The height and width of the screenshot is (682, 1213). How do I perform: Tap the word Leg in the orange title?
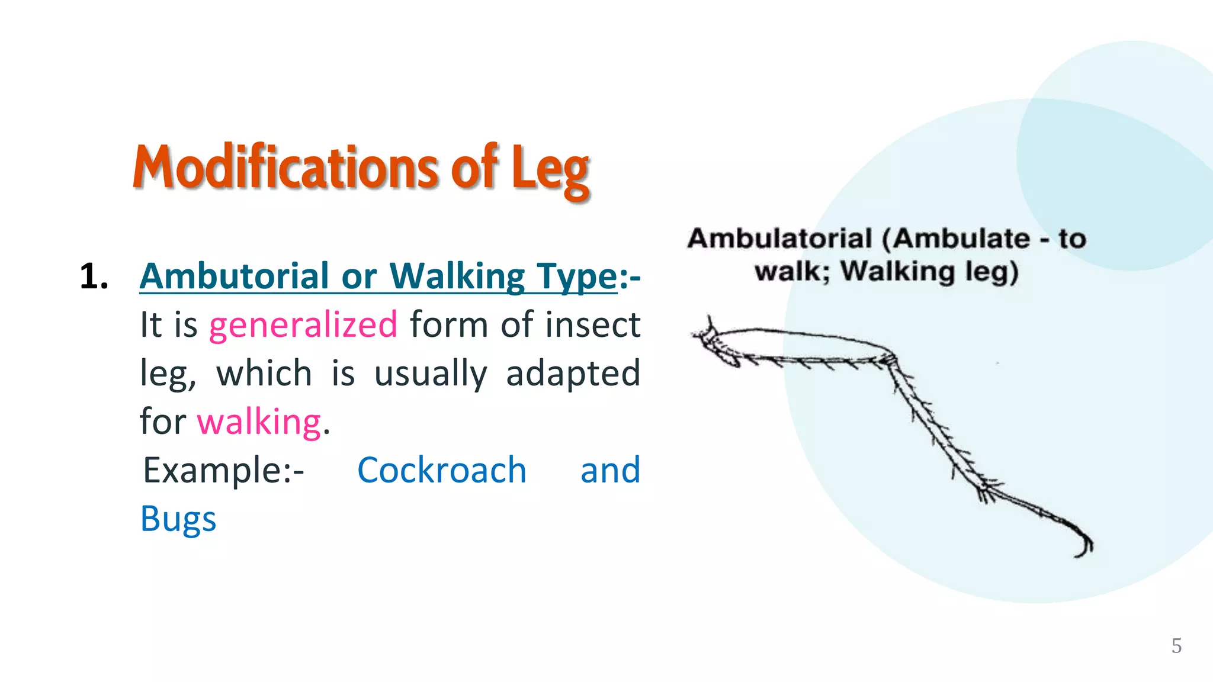(x=550, y=170)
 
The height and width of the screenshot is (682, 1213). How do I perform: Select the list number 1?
(x=94, y=276)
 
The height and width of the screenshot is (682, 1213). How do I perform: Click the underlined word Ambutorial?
(x=234, y=276)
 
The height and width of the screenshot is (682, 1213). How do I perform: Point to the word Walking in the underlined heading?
(x=457, y=276)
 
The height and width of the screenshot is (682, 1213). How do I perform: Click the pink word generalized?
(x=303, y=325)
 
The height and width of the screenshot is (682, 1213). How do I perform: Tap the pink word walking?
(x=259, y=422)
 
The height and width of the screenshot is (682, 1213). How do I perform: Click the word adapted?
(x=573, y=374)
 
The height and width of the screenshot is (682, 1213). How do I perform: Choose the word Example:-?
(x=223, y=471)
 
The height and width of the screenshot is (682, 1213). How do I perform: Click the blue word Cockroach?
(x=442, y=471)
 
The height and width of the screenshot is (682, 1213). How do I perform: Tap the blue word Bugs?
(x=178, y=519)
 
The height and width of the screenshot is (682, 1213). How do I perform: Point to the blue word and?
(x=610, y=471)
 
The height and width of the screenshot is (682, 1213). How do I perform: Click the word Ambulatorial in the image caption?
(x=779, y=239)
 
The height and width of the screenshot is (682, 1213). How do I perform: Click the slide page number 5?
(x=1176, y=646)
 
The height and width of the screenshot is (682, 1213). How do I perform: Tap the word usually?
(x=431, y=374)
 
